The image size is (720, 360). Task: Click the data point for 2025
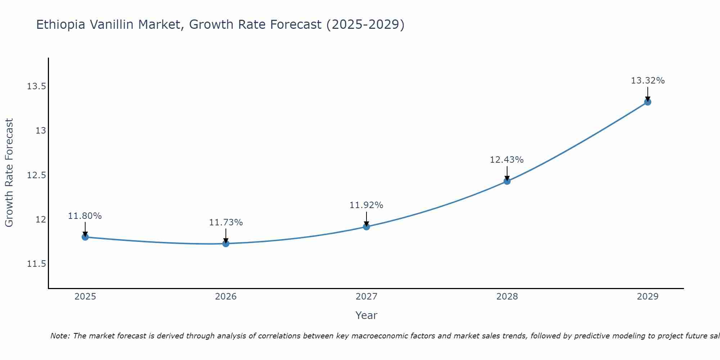tap(85, 237)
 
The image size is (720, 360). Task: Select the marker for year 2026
tap(226, 243)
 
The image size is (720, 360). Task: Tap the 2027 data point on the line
tap(366, 226)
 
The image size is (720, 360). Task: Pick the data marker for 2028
tap(507, 181)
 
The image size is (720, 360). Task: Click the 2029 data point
tap(648, 102)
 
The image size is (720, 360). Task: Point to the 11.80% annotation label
tap(85, 216)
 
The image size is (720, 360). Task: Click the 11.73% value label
tap(226, 222)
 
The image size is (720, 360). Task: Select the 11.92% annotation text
tap(366, 205)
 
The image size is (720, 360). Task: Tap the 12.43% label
tap(507, 160)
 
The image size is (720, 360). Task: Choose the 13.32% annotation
tap(648, 81)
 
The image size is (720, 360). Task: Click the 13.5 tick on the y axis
tap(36, 86)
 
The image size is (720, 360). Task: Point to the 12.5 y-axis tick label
tap(36, 175)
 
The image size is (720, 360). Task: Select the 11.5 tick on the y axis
tap(36, 264)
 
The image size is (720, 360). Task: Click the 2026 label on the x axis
tap(226, 297)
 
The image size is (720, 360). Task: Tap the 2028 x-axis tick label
tap(507, 297)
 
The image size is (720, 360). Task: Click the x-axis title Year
tap(366, 315)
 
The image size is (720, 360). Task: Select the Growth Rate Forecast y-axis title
tap(9, 173)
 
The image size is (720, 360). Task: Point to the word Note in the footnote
tap(60, 336)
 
